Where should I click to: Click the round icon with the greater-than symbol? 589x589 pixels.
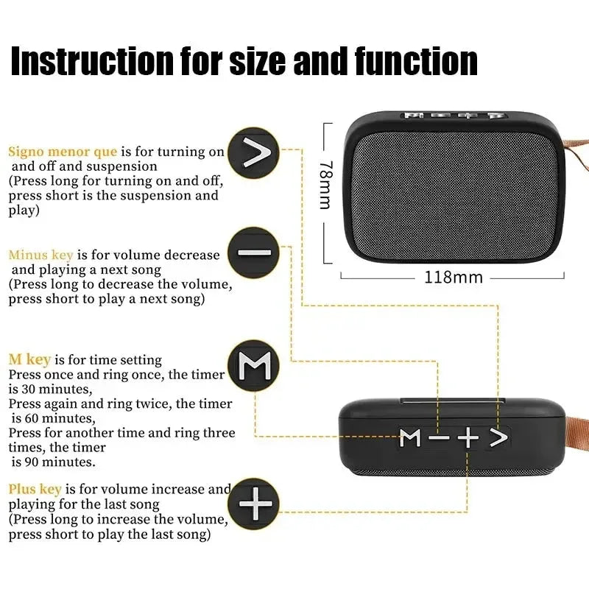tap(253, 153)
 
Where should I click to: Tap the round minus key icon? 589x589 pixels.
tap(254, 253)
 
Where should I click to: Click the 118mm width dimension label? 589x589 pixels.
tap(454, 278)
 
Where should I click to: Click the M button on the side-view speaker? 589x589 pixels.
tap(410, 437)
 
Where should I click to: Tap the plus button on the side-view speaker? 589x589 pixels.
tap(468, 437)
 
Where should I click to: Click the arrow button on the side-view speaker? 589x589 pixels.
tap(498, 437)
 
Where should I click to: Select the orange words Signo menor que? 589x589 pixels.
tap(63, 152)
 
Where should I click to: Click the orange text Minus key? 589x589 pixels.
tap(40, 255)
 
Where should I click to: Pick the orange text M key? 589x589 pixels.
tap(29, 359)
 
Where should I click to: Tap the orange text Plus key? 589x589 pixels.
tap(35, 489)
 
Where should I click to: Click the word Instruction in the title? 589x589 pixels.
tap(88, 63)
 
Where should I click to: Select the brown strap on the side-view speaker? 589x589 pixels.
tap(574, 434)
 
